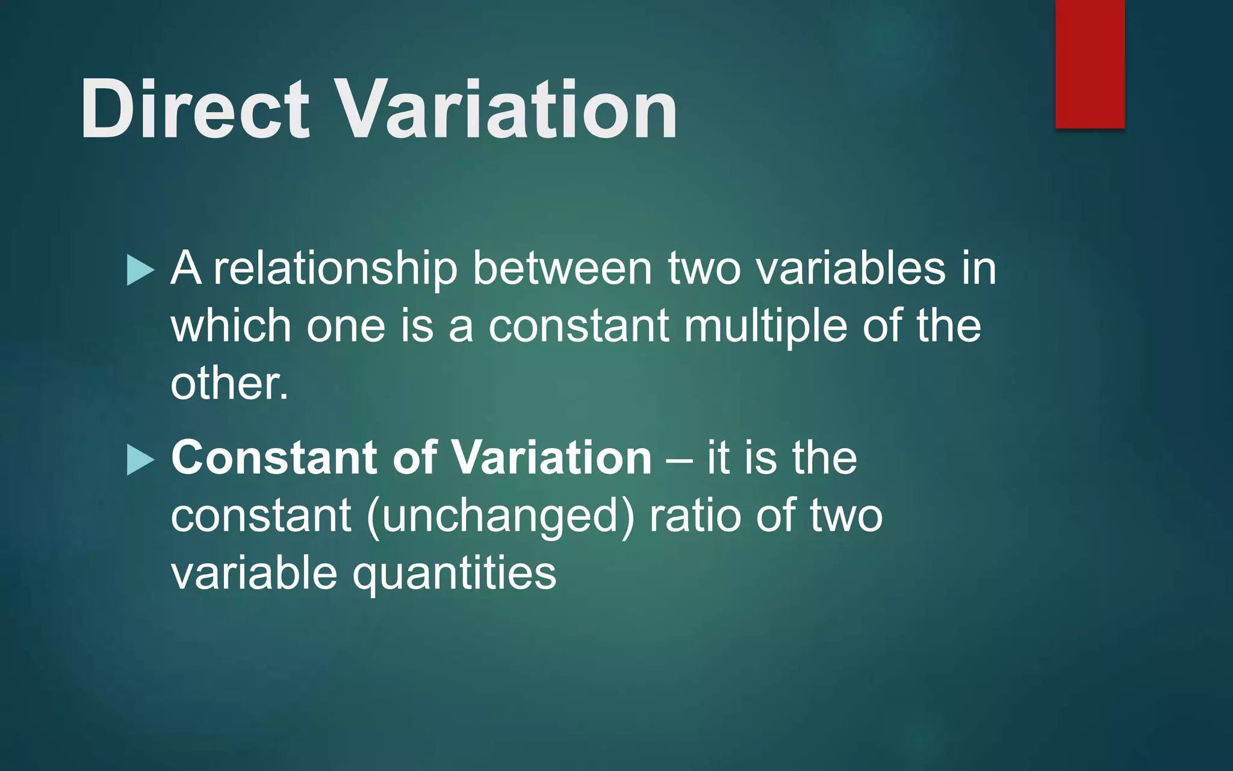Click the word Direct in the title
coord(194,110)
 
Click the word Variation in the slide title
coord(506,110)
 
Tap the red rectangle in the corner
coord(1090,63)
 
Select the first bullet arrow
coord(140,270)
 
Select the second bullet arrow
coord(140,460)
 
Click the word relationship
coord(335,269)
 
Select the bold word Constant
coord(274,457)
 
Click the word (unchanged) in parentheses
coord(500,517)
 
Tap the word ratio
coord(695,516)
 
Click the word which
coord(231,325)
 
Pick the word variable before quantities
coord(253,572)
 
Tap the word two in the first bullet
coord(704,269)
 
